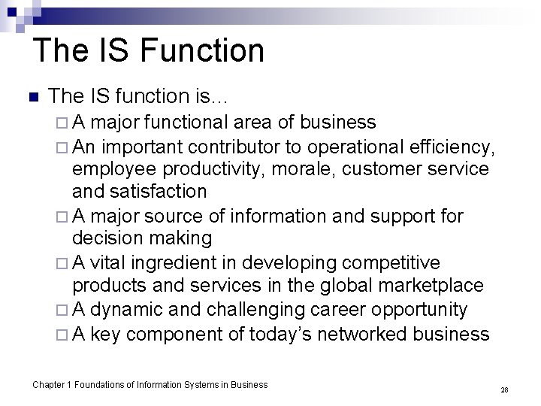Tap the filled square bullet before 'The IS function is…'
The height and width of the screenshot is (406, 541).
point(32,97)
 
